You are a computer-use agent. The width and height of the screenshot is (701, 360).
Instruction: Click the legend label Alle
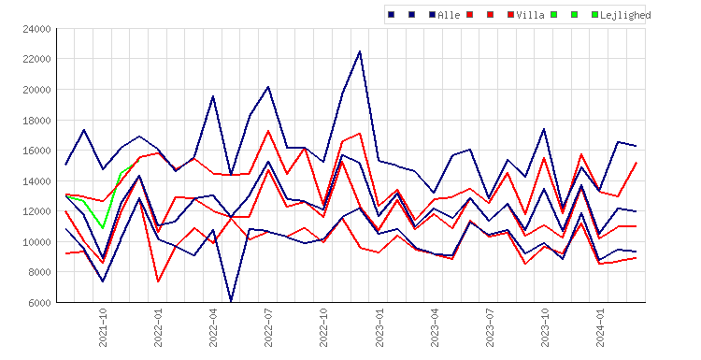(449, 15)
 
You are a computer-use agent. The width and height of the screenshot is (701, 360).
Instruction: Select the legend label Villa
(530, 15)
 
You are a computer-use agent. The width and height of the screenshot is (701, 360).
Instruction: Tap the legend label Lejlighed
(625, 15)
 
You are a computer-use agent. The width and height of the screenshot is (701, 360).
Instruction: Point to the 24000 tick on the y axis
(36, 29)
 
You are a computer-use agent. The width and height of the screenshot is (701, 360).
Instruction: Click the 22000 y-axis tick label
(36, 59)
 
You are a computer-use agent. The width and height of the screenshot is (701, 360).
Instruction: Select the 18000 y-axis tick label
(36, 121)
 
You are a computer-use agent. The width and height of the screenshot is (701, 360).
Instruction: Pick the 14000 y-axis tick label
(36, 181)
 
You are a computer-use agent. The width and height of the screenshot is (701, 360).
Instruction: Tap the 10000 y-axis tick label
(36, 242)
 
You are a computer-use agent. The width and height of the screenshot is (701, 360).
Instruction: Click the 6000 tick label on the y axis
(39, 303)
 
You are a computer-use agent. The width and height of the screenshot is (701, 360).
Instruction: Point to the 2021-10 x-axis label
(103, 327)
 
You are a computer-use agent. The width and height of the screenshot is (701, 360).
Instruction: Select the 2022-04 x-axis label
(213, 327)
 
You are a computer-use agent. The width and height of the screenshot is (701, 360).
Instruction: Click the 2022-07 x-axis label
(268, 327)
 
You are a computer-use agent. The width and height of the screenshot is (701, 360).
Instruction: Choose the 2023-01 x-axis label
(379, 327)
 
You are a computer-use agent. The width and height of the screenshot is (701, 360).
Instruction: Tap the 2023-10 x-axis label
(545, 327)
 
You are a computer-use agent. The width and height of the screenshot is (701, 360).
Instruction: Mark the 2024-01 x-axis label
(600, 327)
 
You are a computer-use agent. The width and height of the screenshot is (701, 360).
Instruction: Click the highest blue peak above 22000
(360, 51)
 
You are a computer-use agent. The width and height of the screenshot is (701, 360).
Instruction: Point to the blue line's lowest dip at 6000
(231, 301)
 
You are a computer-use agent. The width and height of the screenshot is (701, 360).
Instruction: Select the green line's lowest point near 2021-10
(103, 228)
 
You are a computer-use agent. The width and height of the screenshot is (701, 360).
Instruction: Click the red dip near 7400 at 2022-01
(158, 281)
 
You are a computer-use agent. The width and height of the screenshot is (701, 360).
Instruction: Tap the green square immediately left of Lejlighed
(594, 15)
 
